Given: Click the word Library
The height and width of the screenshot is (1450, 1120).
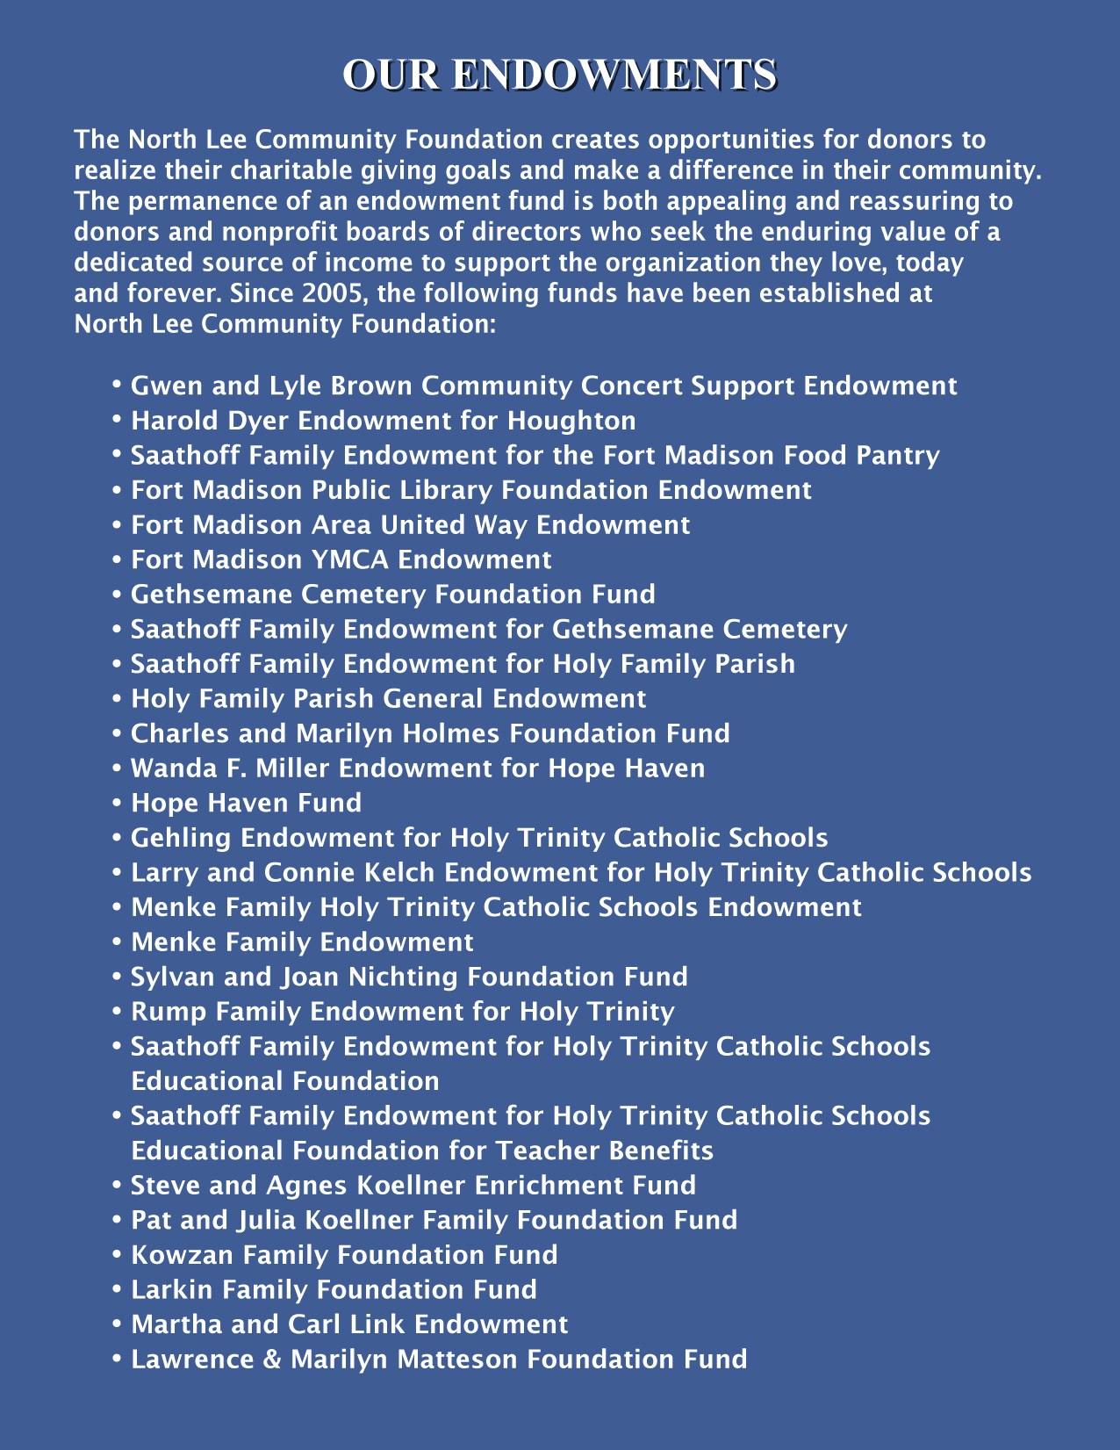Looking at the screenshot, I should point(448,490).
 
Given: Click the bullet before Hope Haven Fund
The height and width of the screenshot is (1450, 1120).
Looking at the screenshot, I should point(117,803).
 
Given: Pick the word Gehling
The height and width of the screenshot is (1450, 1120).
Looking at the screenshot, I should point(182,838).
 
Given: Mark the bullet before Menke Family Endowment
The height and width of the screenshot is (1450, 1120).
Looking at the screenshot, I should point(117,942).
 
